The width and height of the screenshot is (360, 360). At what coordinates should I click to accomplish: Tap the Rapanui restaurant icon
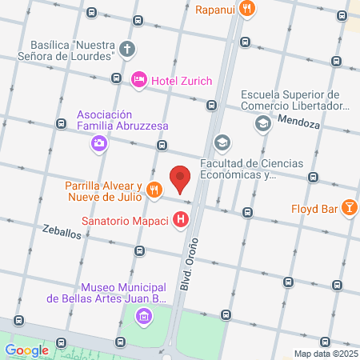249,10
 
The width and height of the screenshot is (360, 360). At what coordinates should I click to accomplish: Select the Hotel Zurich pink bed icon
139,78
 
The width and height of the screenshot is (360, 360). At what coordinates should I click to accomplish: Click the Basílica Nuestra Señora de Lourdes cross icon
126,50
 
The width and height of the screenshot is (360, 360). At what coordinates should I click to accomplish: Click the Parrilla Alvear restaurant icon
154,190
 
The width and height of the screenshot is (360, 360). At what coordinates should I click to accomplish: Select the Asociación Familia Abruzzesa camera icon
99,143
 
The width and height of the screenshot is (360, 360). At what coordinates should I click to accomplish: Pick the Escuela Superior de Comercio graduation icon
262,123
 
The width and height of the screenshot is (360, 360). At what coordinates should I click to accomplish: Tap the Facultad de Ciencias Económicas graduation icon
222,144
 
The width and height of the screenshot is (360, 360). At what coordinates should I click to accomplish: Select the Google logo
26,349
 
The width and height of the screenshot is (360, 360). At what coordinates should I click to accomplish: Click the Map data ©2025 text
325,354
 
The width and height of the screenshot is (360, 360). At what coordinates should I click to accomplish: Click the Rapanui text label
218,10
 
